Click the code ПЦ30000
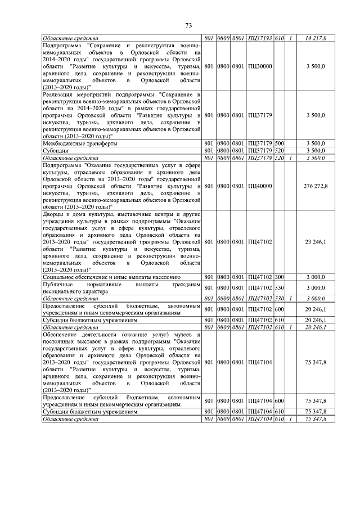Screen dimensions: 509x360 (x=259, y=66)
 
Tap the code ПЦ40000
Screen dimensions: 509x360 (x=259, y=186)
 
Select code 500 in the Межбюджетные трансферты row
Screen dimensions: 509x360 (x=278, y=143)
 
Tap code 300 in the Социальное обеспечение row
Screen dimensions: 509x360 (x=278, y=277)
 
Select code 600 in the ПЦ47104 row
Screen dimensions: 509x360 (x=278, y=400)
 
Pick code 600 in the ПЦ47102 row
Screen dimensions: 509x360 (x=278, y=309)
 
